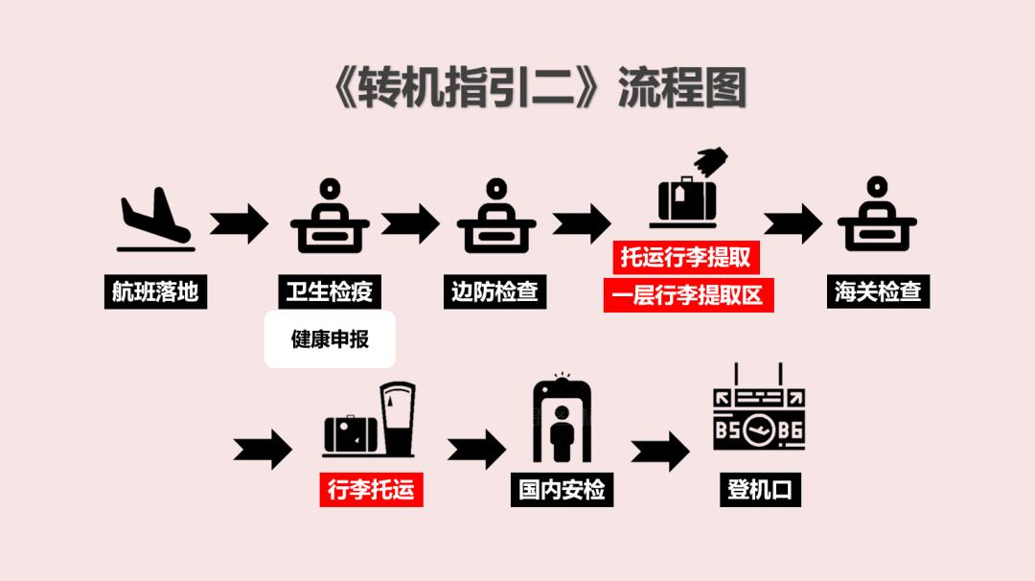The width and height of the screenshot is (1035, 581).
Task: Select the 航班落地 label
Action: coord(155,291)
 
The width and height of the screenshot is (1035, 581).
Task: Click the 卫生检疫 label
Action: coord(329,291)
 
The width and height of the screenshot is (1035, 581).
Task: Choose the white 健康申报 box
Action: coord(330,339)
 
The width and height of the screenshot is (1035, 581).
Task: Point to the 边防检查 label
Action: coord(494,291)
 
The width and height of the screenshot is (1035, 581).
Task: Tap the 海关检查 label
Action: coord(878,291)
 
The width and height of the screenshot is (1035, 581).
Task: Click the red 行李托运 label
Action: coord(371,490)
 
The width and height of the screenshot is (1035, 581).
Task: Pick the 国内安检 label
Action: coord(562,490)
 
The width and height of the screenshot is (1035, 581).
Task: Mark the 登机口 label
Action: coord(759,490)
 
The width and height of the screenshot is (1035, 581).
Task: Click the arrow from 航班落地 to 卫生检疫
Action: coord(239,223)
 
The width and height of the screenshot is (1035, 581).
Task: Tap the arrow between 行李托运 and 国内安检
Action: coord(476,448)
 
